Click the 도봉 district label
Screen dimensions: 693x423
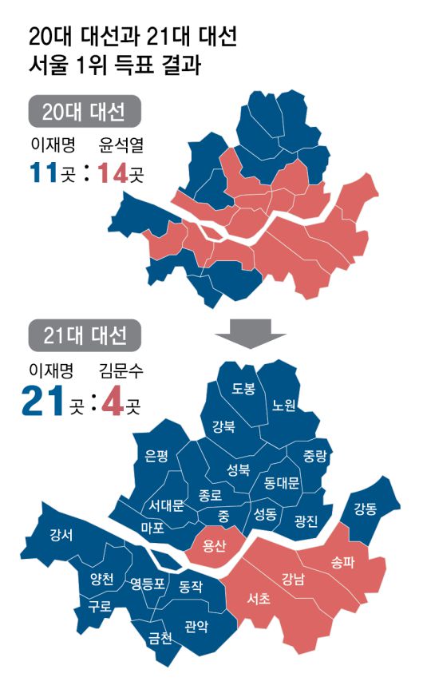tap(243, 389)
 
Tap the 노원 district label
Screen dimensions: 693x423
tap(284, 405)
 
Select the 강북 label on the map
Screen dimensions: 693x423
tap(223, 426)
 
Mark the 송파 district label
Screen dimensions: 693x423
tap(342, 561)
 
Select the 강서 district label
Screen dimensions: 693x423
tap(61, 534)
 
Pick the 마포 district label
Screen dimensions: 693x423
tap(152, 528)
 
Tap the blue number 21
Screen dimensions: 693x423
tap(42, 400)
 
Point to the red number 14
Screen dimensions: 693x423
tap(112, 172)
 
